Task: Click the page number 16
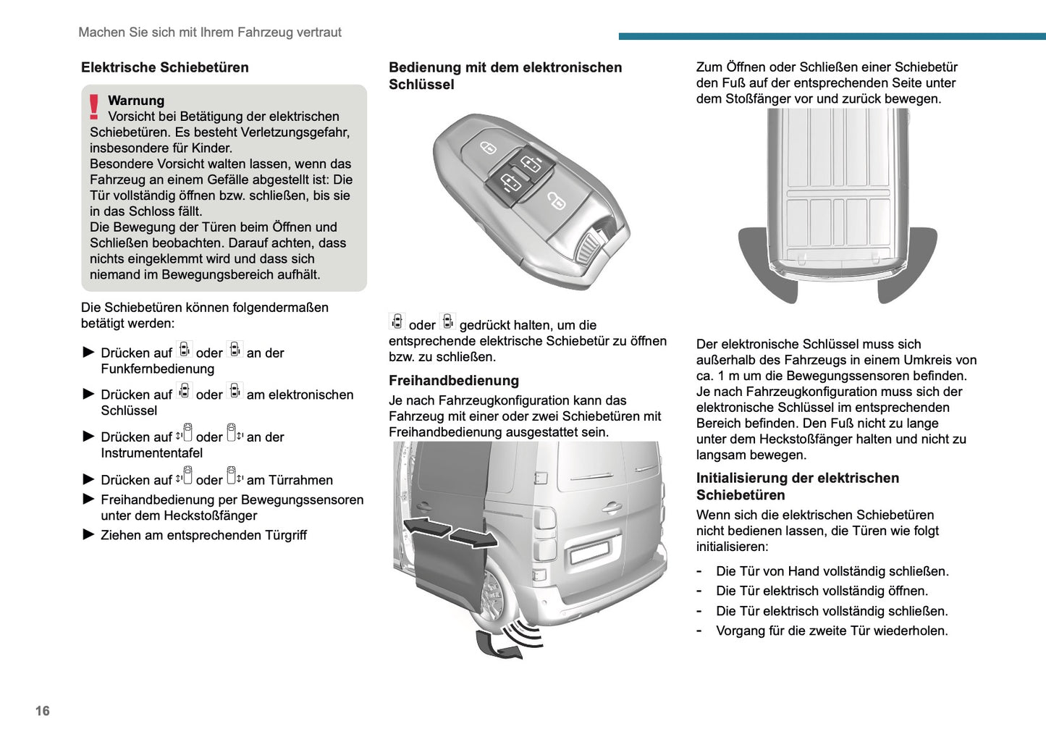click(x=43, y=711)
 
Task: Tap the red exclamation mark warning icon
click(x=94, y=107)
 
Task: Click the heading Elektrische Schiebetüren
click(x=164, y=67)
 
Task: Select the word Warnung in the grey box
click(x=136, y=101)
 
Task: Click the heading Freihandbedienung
click(x=453, y=381)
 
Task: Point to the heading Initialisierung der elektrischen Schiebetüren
click(x=797, y=487)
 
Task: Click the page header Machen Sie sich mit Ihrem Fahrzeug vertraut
click(x=209, y=33)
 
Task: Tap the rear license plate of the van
click(x=590, y=552)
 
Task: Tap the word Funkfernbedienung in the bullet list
click(x=157, y=369)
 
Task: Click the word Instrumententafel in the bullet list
click(x=151, y=453)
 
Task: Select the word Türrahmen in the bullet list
click(x=300, y=480)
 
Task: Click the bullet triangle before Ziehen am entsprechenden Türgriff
click(x=89, y=535)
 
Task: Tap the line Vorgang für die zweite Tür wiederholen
click(x=831, y=631)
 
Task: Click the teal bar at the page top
click(x=832, y=36)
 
